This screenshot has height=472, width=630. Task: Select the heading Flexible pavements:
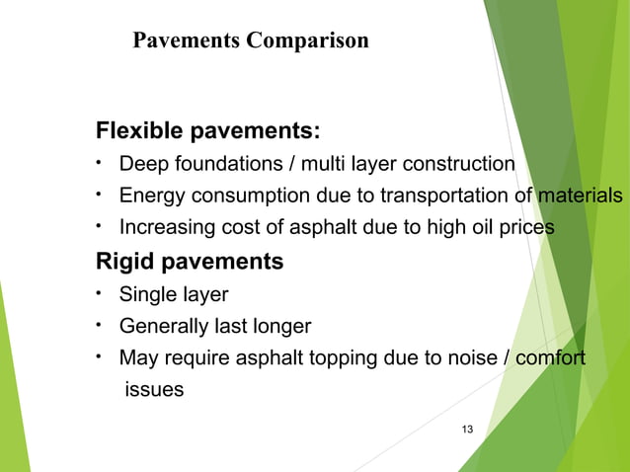[x=207, y=131]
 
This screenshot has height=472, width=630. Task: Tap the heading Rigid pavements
[x=189, y=262]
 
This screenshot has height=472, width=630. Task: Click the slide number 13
[x=467, y=428]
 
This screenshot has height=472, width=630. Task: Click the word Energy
[x=150, y=195]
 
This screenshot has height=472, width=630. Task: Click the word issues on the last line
[x=153, y=389]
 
